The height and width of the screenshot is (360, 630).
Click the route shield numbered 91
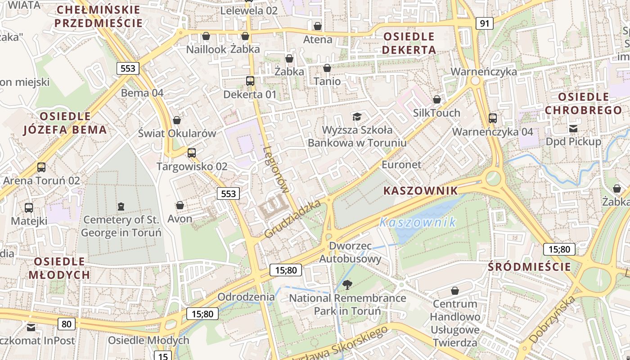[x=484, y=23]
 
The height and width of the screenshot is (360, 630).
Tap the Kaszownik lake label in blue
[x=418, y=222]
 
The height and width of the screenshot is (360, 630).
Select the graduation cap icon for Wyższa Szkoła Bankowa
[x=357, y=117]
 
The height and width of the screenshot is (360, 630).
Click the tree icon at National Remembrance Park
[x=347, y=284]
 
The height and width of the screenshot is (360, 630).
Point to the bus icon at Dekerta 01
[x=250, y=81]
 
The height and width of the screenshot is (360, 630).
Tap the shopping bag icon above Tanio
[x=327, y=68]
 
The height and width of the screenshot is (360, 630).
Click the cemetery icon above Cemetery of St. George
[x=121, y=207]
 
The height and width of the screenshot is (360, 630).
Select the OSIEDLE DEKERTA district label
[x=409, y=43]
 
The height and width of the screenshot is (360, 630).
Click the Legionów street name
[x=275, y=170]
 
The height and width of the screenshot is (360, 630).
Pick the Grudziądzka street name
[x=292, y=219]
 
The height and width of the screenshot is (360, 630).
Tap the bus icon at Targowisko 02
[x=192, y=153]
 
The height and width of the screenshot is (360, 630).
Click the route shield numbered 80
[x=66, y=324]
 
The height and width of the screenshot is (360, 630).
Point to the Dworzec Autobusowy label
[x=350, y=252]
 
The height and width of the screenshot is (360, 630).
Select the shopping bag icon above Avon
[x=180, y=205]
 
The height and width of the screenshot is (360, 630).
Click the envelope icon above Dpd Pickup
[x=573, y=129]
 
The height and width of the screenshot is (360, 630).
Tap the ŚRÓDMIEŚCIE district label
[x=530, y=267]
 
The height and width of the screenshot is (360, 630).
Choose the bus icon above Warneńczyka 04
[x=493, y=118]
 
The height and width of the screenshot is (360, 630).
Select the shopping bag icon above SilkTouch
[x=436, y=99]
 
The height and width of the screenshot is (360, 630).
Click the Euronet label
[x=401, y=165]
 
